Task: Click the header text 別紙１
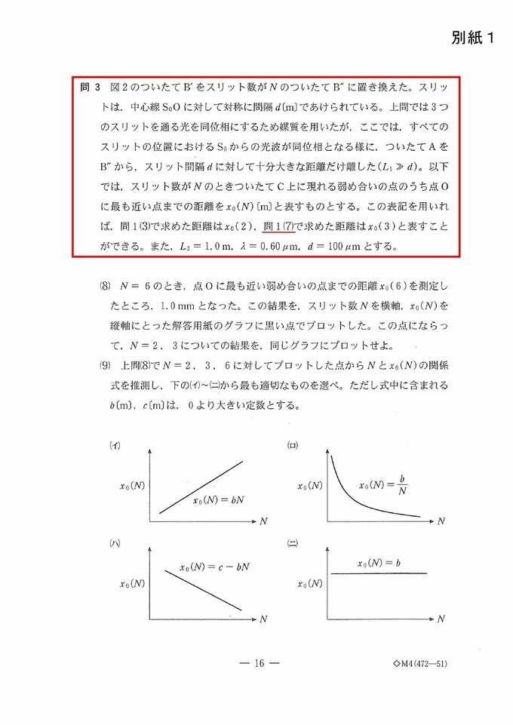tap(473, 38)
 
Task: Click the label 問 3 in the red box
tap(91, 88)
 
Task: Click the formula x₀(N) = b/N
tap(383, 485)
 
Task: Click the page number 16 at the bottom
tap(258, 664)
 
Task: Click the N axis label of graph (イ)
tap(263, 521)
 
